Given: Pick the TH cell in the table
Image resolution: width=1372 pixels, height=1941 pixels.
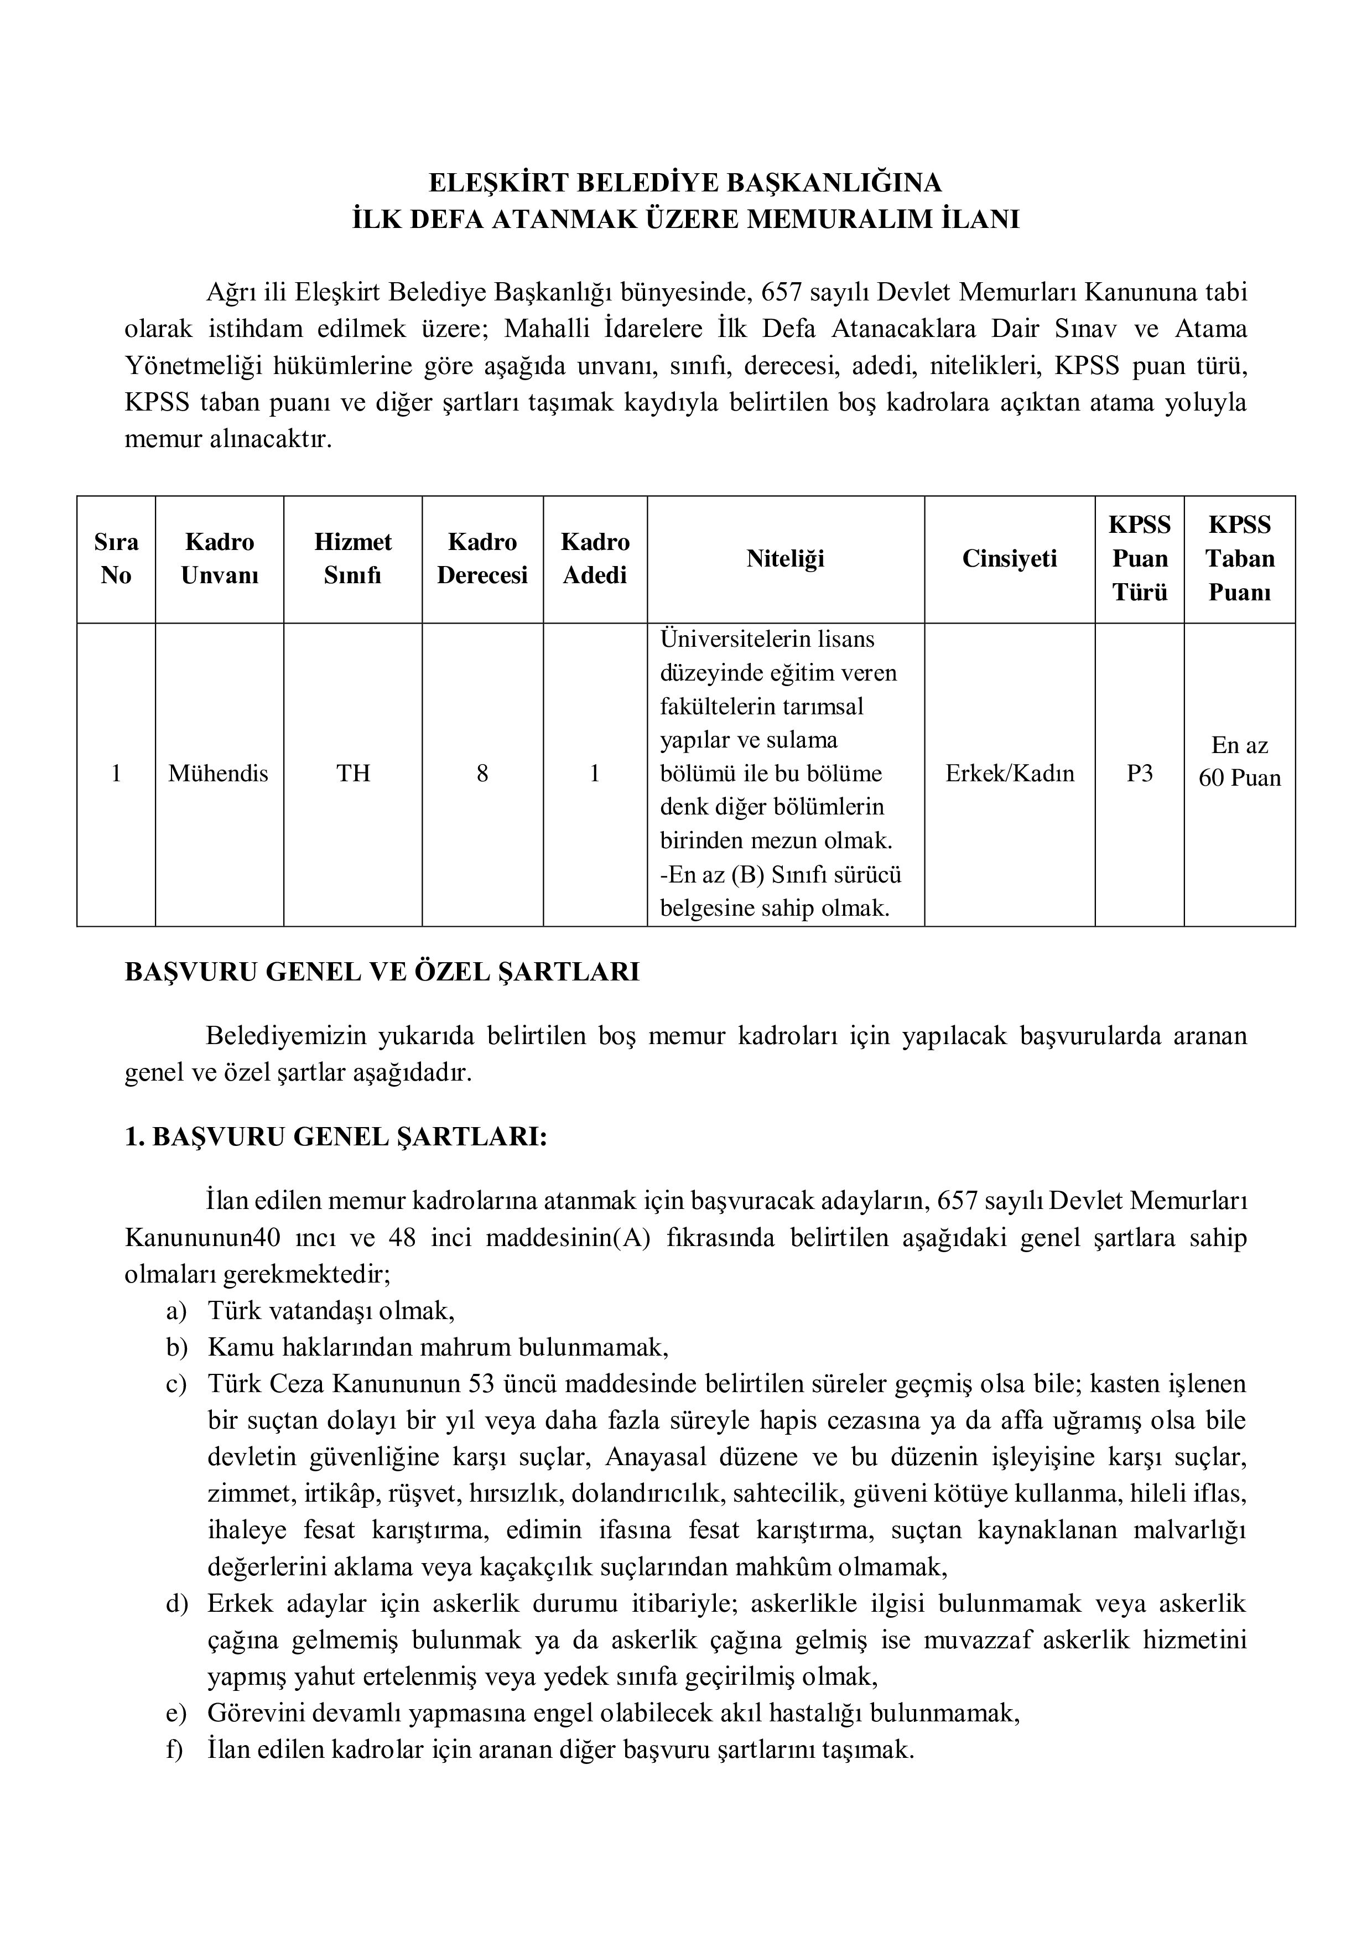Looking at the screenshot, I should click(354, 772).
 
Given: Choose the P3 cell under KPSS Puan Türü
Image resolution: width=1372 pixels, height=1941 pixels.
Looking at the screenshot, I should click(1140, 772).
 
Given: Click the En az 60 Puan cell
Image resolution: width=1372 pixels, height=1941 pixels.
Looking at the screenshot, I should click(1239, 761).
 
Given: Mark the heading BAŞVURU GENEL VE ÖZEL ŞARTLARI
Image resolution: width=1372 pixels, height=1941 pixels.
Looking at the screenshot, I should click(382, 972).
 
